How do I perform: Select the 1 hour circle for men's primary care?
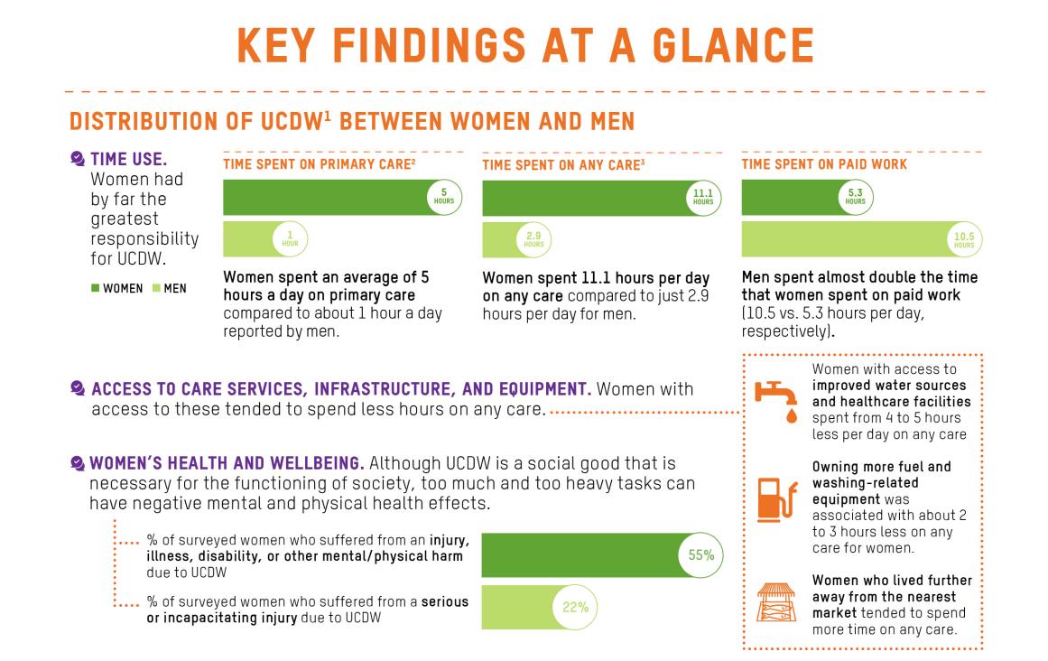pyautogui.click(x=290, y=239)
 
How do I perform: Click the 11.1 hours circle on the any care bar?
pyautogui.click(x=703, y=198)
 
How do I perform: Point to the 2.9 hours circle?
pyautogui.click(x=533, y=239)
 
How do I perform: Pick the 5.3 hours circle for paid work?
pyautogui.click(x=856, y=198)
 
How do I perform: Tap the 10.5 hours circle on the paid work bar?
pyautogui.click(x=963, y=239)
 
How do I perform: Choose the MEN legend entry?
pyautogui.click(x=168, y=289)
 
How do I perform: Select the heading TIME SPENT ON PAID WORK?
pyautogui.click(x=824, y=164)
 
